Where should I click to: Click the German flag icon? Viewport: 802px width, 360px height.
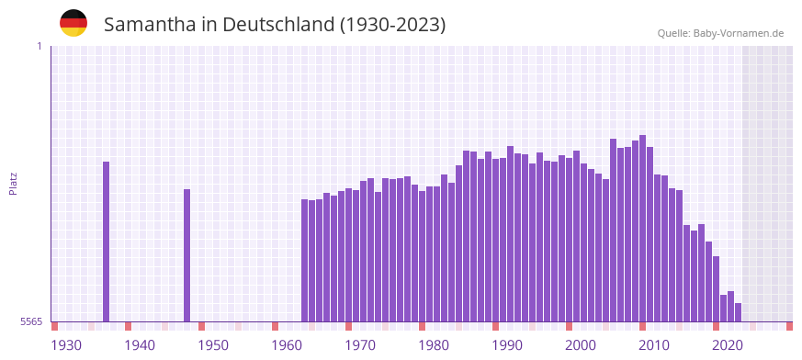click(x=73, y=24)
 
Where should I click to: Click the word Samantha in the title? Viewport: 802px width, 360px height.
click(x=148, y=25)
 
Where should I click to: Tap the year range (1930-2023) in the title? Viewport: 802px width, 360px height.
click(x=393, y=25)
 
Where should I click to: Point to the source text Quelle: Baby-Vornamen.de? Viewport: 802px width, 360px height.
click(x=720, y=33)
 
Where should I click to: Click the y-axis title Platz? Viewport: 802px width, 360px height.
click(x=13, y=183)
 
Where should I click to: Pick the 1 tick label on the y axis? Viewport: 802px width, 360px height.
click(x=39, y=46)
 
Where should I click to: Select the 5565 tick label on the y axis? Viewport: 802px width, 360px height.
click(x=30, y=321)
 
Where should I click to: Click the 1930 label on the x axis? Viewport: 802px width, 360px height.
click(x=66, y=345)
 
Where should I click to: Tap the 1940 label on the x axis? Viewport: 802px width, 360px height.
click(x=140, y=345)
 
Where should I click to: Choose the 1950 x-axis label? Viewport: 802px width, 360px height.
click(x=213, y=345)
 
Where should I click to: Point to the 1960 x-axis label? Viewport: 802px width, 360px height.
click(x=287, y=345)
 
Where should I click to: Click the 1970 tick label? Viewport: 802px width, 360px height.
click(x=360, y=345)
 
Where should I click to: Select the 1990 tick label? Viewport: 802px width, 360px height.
click(x=507, y=345)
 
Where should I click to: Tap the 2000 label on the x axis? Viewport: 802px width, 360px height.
click(x=581, y=345)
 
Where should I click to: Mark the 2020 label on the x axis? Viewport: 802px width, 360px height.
click(x=728, y=345)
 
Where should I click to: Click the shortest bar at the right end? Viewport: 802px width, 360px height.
click(x=739, y=312)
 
